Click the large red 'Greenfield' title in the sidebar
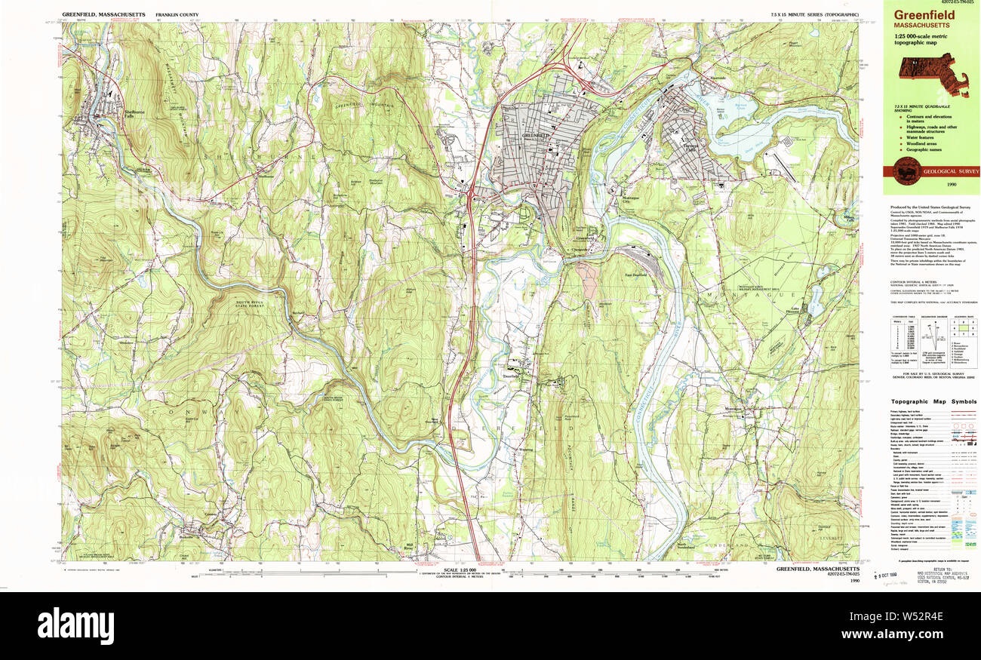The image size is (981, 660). click(x=924, y=14)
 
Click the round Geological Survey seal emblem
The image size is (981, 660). click(x=903, y=171)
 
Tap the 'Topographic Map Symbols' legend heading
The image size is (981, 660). click(x=933, y=402)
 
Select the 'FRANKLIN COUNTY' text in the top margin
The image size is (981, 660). click(x=177, y=15)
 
